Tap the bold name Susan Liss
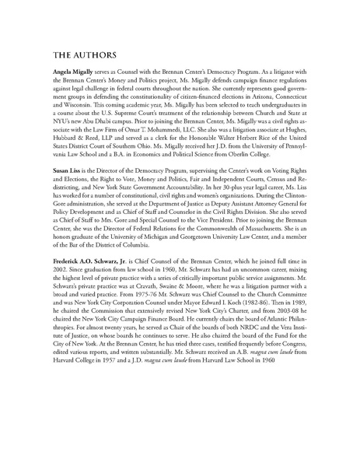point(68,190)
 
